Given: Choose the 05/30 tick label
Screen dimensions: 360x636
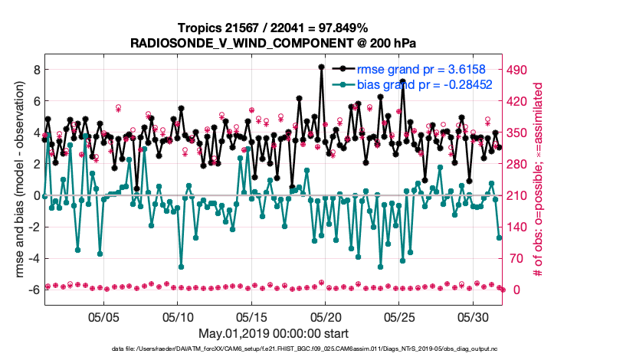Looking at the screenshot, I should [473, 316].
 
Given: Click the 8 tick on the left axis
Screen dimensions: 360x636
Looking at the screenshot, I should [34, 70].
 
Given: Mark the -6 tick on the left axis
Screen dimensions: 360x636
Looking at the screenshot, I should [31, 290].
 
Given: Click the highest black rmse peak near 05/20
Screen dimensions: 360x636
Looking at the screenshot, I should [321, 67].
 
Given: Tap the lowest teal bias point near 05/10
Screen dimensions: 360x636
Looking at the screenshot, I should [182, 267].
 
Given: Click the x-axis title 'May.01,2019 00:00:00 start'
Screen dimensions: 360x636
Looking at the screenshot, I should [274, 334].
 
